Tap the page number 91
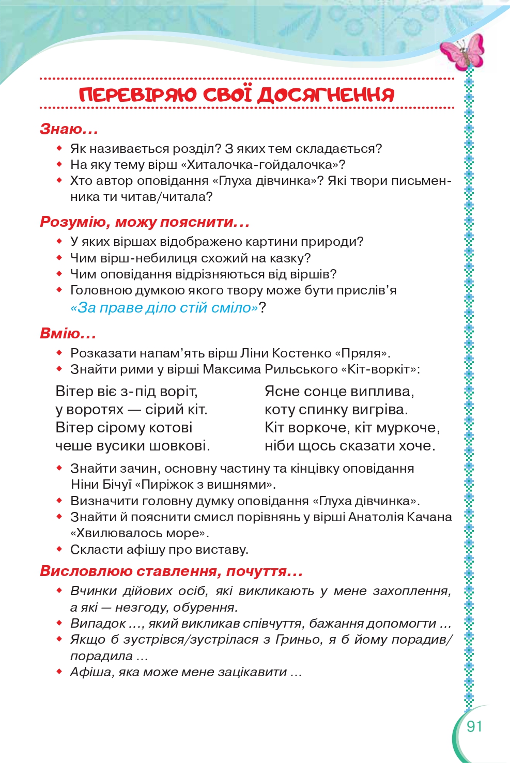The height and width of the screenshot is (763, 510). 474,726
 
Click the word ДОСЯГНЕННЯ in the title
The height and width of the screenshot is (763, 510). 326,95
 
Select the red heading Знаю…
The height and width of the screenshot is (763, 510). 69,129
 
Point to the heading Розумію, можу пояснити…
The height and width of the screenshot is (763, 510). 145,222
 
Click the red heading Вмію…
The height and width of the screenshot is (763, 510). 68,333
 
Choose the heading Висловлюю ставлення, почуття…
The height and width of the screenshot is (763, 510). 171,571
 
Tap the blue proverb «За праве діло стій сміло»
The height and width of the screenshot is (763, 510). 164,308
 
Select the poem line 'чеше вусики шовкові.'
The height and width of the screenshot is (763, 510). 132,445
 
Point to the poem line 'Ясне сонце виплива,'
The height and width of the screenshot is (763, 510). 339,392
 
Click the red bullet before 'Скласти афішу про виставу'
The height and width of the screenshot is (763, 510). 59,549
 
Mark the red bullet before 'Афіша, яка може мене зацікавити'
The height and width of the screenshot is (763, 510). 59,672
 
